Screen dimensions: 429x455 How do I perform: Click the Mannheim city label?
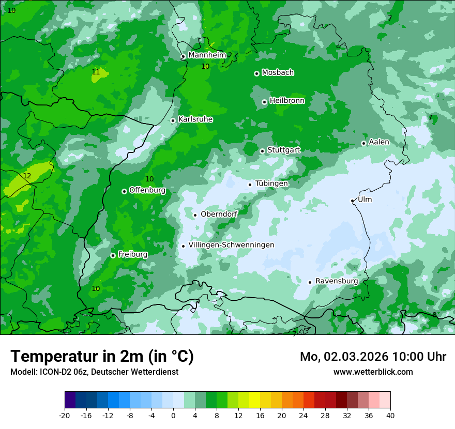[x=207, y=55]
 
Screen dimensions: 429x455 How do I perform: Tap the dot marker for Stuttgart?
[x=262, y=151]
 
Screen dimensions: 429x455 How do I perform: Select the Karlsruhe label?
[x=195, y=119]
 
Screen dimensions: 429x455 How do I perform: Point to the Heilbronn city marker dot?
[x=264, y=102]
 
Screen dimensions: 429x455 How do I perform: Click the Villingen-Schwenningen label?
[x=231, y=245]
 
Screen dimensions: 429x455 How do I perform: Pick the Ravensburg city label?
[x=337, y=281]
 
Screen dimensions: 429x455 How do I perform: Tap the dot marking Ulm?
[x=352, y=201]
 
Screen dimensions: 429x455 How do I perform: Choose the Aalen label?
[x=379, y=142]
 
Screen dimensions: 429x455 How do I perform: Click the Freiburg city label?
[x=132, y=254]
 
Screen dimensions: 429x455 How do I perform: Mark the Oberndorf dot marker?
[x=195, y=215]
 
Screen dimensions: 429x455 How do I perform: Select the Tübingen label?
[x=271, y=183]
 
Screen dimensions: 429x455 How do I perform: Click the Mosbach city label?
[x=278, y=72]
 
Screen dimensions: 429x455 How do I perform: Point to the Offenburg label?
[x=147, y=190]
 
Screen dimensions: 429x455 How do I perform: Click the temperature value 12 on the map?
[x=27, y=176]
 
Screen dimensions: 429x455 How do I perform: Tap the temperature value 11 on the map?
[x=96, y=72]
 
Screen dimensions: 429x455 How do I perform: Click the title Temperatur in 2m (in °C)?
[x=102, y=357]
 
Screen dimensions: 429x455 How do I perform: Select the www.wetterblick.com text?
[x=373, y=372]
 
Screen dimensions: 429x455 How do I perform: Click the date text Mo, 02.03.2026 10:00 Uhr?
[x=373, y=357]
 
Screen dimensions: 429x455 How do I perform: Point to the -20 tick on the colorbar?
[x=65, y=415]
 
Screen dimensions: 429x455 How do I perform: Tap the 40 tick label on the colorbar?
[x=390, y=415]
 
